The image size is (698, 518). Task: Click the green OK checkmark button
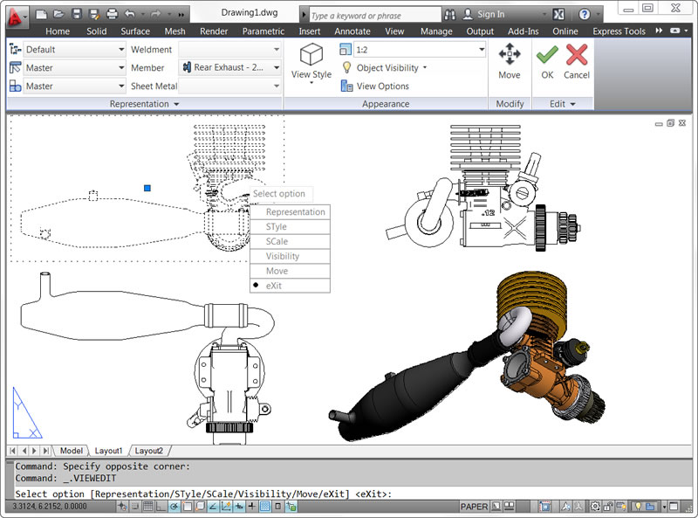[x=547, y=62]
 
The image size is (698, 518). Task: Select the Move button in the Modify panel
[x=510, y=62]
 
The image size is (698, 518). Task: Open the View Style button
[x=311, y=62]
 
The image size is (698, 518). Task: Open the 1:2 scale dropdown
[x=411, y=50]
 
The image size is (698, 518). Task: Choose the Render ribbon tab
[x=214, y=31]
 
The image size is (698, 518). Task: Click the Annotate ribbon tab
[x=352, y=31]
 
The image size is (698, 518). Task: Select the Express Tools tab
[x=619, y=31]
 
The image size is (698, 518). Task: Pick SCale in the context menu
[x=277, y=241]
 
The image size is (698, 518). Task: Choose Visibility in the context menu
[x=283, y=256]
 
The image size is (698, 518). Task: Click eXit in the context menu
[x=275, y=286]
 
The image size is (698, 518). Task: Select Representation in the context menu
[x=295, y=211]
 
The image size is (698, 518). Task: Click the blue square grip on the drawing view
[x=147, y=188]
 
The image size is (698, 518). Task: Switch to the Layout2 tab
[x=148, y=451]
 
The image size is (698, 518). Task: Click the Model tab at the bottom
[x=71, y=451]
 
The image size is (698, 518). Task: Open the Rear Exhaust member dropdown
[x=231, y=67]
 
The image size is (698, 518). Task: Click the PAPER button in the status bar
[x=474, y=506]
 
